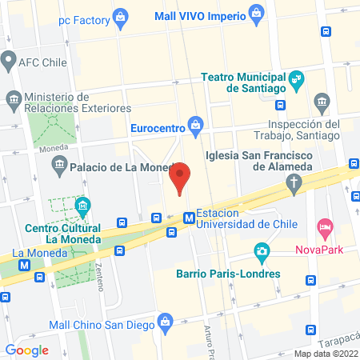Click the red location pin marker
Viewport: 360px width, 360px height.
[x=181, y=177]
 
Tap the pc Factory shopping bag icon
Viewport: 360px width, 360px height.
[x=120, y=15]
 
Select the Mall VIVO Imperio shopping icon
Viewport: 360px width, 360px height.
[x=256, y=12]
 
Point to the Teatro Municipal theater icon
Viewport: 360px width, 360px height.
[x=298, y=78]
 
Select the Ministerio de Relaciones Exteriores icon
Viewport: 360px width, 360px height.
[x=14, y=99]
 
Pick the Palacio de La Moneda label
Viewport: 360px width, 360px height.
[x=122, y=167]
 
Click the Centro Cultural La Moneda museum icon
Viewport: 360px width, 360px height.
[x=82, y=208]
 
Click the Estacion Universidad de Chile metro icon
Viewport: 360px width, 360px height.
[x=189, y=217]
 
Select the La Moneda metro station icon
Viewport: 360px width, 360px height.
[x=25, y=265]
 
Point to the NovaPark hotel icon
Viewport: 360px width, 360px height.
[x=324, y=228]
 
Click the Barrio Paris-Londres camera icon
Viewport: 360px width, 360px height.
[x=261, y=251]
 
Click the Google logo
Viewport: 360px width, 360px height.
[x=27, y=350]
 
